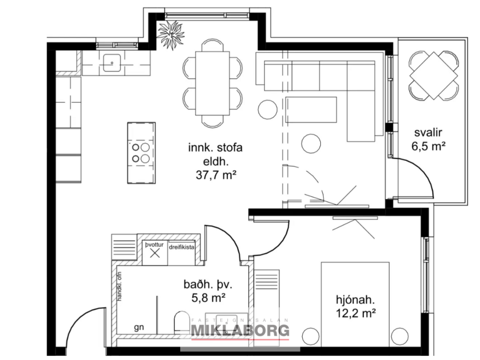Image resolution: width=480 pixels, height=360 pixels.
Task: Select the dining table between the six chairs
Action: tap(212, 82)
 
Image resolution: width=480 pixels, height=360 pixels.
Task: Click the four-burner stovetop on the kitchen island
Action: tap(141, 152)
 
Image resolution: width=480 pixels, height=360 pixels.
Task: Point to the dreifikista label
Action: tap(181, 247)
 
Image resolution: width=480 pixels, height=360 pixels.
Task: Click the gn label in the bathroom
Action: tap(139, 327)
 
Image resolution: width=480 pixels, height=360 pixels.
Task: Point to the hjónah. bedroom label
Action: tap(354, 300)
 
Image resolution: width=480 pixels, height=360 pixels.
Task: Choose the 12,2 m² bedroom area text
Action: tap(354, 314)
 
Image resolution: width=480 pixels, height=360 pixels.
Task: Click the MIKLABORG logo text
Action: tap(241, 332)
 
